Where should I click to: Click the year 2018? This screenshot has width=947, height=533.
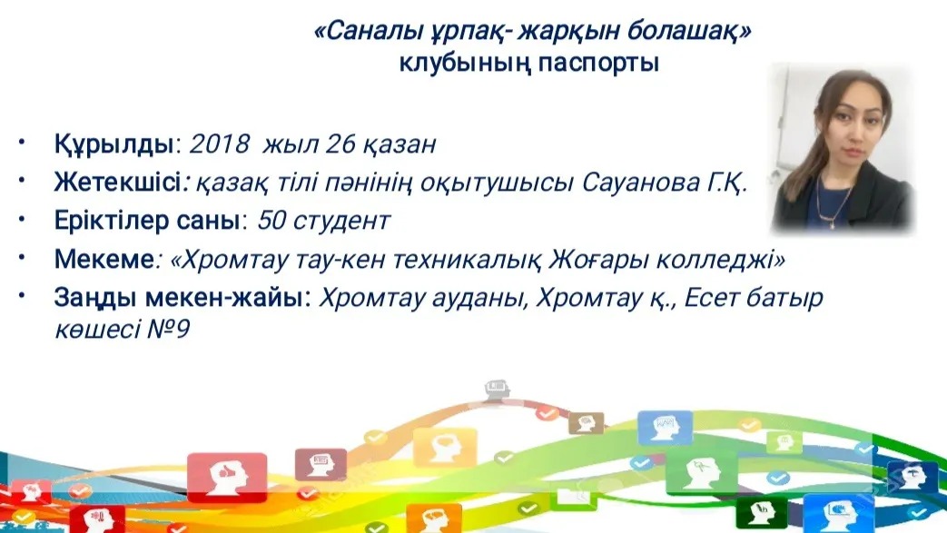(x=220, y=144)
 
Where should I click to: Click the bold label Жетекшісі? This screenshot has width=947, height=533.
(x=117, y=182)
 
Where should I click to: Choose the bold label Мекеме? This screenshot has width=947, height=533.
(x=104, y=260)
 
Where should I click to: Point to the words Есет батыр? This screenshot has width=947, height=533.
(x=754, y=298)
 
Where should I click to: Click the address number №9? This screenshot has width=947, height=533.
(x=169, y=330)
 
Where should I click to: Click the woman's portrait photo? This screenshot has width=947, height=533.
(x=843, y=148)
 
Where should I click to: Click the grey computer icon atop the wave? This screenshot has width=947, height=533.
(x=497, y=390)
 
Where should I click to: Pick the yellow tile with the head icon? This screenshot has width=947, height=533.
(x=445, y=447)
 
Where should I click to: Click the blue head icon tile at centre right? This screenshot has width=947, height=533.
(x=666, y=428)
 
